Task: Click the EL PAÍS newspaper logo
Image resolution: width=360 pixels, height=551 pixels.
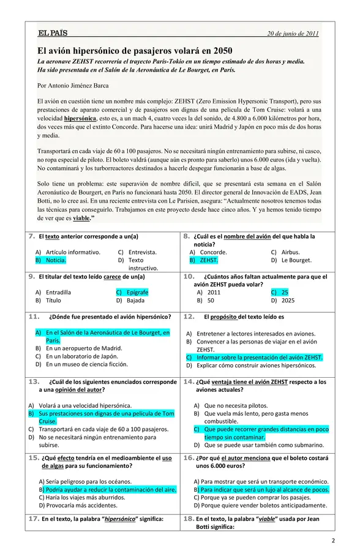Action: pos(52,33)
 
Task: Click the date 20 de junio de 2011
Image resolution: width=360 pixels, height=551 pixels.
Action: pos(293,34)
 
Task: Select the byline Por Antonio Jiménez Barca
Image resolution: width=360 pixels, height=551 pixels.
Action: pos(73,86)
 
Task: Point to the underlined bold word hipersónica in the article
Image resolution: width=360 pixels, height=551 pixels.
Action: pos(80,118)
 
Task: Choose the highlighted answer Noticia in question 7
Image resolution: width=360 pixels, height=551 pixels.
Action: pos(56,260)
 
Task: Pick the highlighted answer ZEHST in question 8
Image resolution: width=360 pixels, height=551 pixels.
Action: pos(208,260)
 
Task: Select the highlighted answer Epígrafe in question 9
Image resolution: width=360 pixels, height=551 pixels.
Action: pos(137,292)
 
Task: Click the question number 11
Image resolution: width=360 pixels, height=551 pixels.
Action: pos(34,317)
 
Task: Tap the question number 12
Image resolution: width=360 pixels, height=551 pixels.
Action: pos(189,317)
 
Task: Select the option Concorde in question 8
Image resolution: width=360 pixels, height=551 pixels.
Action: pos(213,252)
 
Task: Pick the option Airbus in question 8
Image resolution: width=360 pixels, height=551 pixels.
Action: pos(290,252)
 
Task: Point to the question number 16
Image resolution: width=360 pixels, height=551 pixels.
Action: pos(189,457)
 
